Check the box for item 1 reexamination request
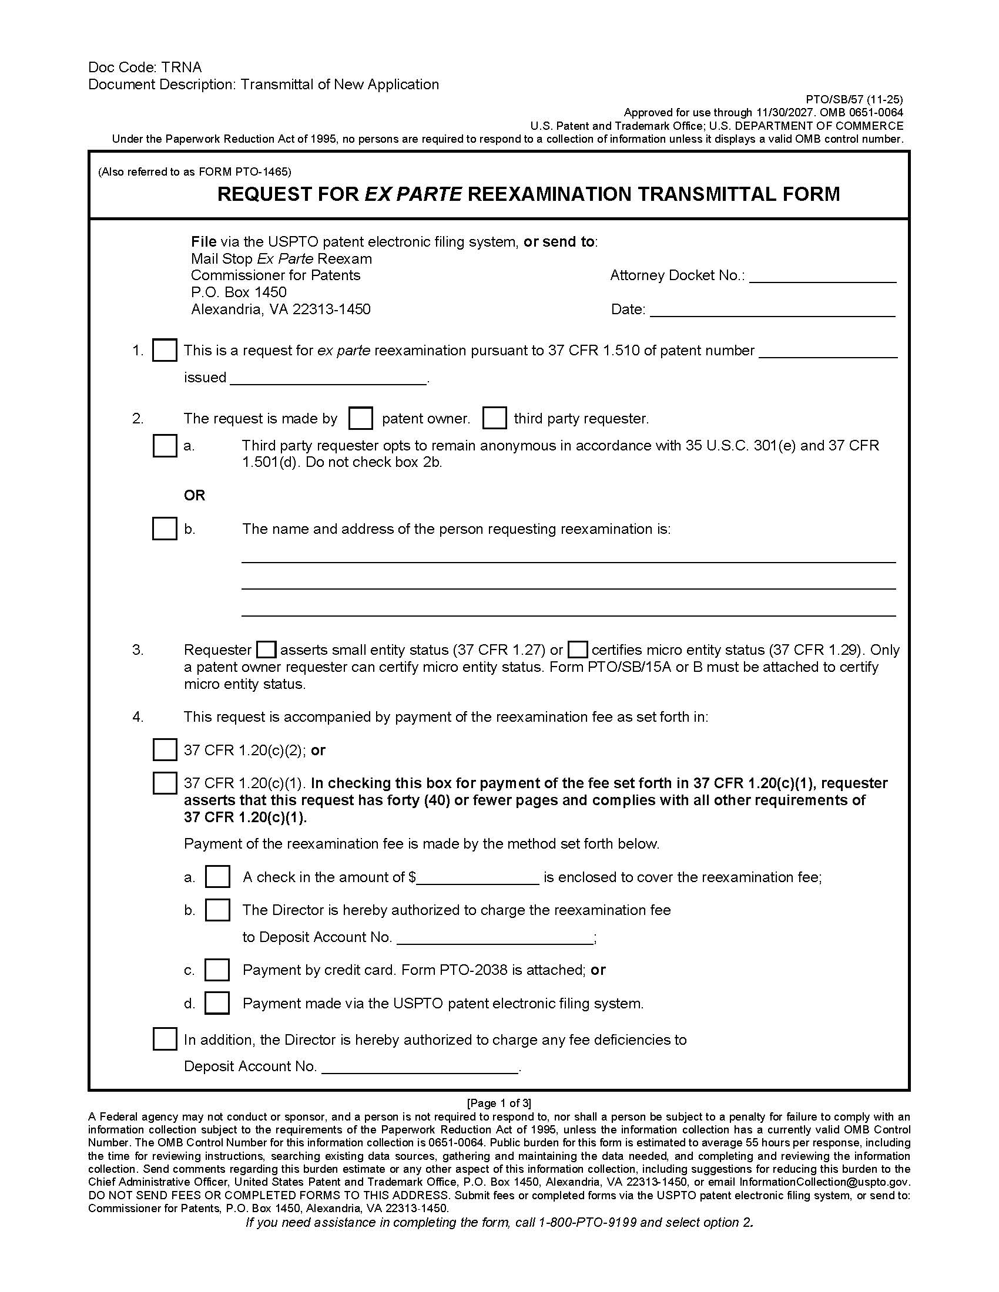coord(165,350)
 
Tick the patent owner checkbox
coord(360,418)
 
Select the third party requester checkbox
coord(494,418)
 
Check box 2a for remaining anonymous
coord(165,446)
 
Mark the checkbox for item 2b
coord(165,529)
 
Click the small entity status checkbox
coord(266,650)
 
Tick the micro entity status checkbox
coord(578,650)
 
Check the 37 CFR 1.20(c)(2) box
coord(165,750)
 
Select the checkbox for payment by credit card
coord(217,970)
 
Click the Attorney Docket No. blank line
coord(823,277)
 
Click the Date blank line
coord(772,311)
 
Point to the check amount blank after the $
coord(478,879)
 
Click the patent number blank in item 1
coord(827,352)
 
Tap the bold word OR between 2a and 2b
coord(194,495)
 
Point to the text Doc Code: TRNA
coord(145,68)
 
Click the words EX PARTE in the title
coord(413,194)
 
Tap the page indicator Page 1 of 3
coord(499,1103)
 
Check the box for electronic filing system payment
coord(217,1003)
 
